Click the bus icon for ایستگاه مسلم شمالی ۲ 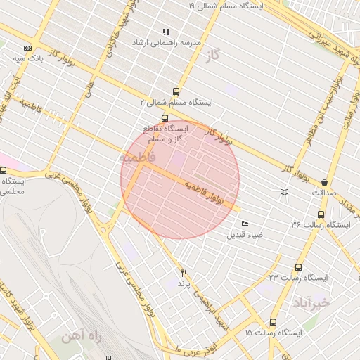point(175,91)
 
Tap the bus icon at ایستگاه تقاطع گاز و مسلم point(165,118)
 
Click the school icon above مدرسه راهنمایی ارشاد point(166,32)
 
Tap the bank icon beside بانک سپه point(27,48)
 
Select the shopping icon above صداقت point(324,181)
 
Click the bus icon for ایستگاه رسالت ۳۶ point(321,214)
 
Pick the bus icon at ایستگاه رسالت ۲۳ point(298,268)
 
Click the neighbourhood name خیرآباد point(309,303)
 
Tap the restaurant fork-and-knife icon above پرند point(184,273)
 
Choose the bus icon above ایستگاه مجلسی point(4,170)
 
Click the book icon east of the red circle point(284,191)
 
